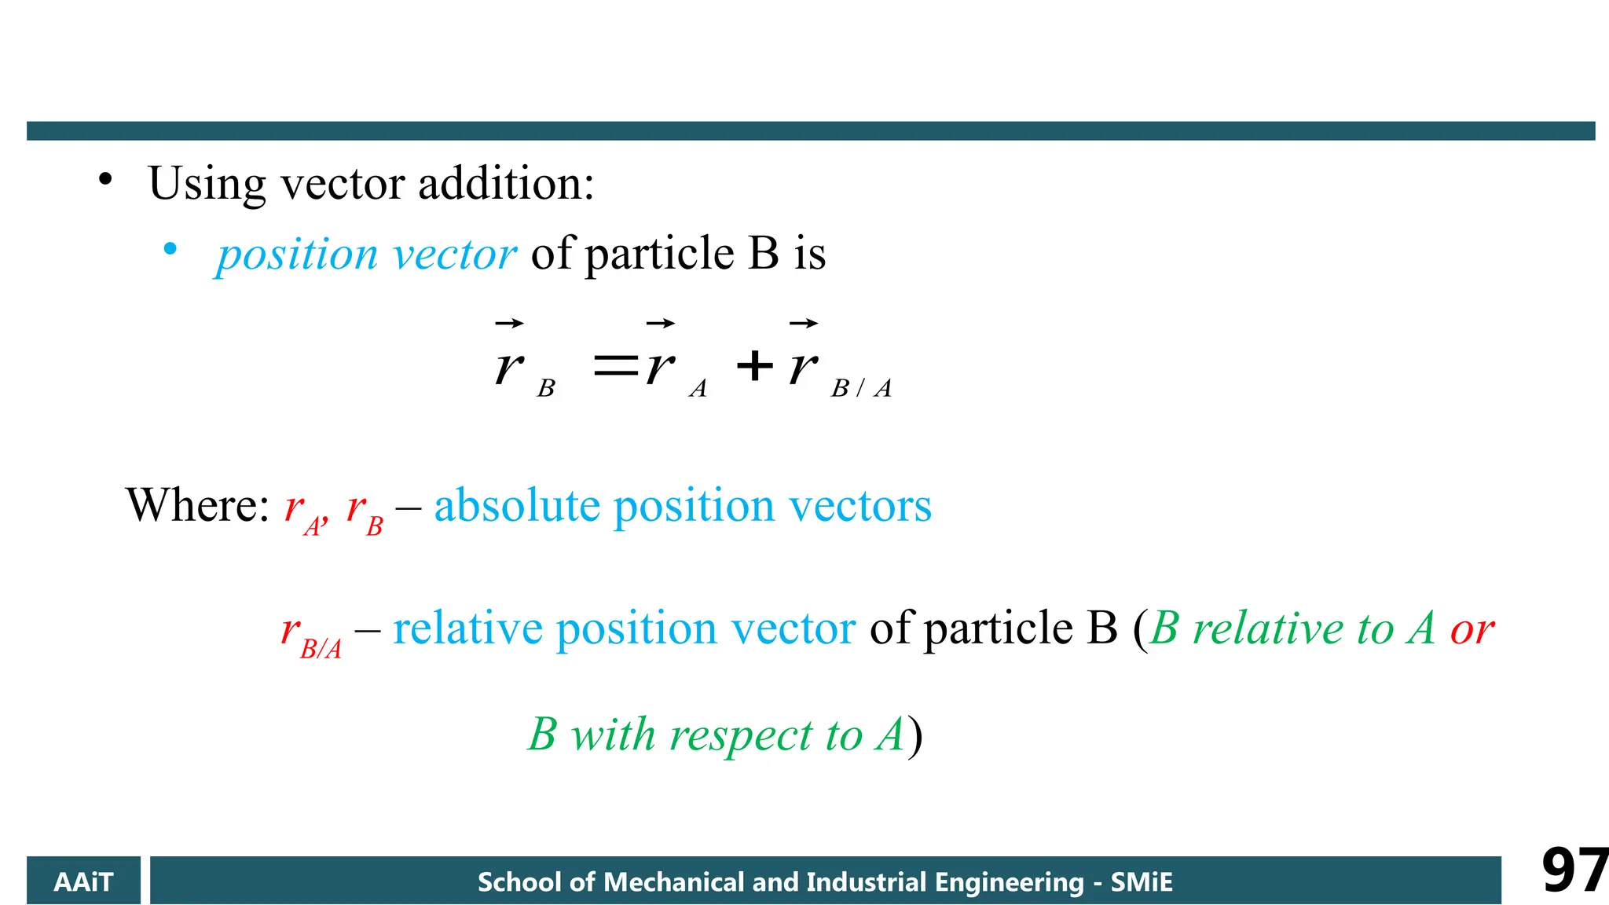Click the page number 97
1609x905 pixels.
[x=1574, y=870]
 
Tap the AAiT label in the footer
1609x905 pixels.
[x=83, y=882]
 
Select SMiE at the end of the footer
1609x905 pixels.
[x=1142, y=882]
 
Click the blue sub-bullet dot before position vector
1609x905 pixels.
[x=170, y=250]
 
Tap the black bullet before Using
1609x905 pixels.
[x=105, y=180]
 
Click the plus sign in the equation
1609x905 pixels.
[x=755, y=365]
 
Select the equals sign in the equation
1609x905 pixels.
[x=615, y=365]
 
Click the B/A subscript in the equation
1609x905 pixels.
[x=861, y=388]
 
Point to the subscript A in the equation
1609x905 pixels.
[x=698, y=388]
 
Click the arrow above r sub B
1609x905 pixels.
[x=509, y=323]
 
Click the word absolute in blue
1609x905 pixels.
[x=517, y=505]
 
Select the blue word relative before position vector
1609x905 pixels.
[x=467, y=628]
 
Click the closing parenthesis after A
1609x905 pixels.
[x=914, y=737]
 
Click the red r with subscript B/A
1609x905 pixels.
[x=311, y=635]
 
